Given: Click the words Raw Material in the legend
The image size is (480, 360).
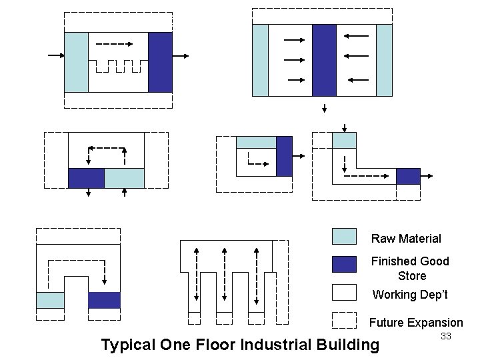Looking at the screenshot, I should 406,239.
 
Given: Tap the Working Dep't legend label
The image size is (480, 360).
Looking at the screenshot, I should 410,295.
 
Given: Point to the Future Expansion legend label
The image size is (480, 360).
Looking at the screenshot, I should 416,323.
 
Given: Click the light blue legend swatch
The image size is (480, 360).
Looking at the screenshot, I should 344,237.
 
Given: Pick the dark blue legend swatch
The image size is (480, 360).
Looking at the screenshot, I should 344,265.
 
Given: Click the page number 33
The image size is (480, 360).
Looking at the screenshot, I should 446,337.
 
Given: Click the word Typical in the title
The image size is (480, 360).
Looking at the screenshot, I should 128,345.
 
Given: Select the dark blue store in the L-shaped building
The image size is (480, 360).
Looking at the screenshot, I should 408,176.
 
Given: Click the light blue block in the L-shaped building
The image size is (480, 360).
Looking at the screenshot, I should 344,140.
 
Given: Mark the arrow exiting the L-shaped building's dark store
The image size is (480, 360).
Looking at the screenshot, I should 427,176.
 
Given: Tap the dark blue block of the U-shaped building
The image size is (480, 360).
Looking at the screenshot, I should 104,300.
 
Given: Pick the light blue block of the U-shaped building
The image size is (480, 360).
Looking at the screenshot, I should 50,300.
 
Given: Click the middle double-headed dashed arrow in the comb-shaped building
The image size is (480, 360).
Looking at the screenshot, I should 225,274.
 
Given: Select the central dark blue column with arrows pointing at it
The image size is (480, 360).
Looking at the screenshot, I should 324,60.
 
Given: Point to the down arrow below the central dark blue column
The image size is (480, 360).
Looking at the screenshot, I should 324,108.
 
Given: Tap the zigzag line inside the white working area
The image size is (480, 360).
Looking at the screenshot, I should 118,66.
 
